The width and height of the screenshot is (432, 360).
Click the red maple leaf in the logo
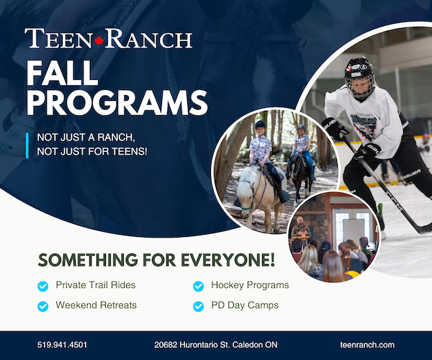100,38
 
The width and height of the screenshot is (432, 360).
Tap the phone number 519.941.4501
62,345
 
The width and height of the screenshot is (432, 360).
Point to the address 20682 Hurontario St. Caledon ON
215,345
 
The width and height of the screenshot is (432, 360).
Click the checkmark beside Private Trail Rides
43,286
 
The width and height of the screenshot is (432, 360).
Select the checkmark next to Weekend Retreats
43,306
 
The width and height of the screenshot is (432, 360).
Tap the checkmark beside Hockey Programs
198,286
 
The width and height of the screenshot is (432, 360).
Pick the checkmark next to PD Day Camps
198,306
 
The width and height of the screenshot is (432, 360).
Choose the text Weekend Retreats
96,305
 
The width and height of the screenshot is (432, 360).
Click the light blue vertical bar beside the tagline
27,145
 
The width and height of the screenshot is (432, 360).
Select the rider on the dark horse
300,144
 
